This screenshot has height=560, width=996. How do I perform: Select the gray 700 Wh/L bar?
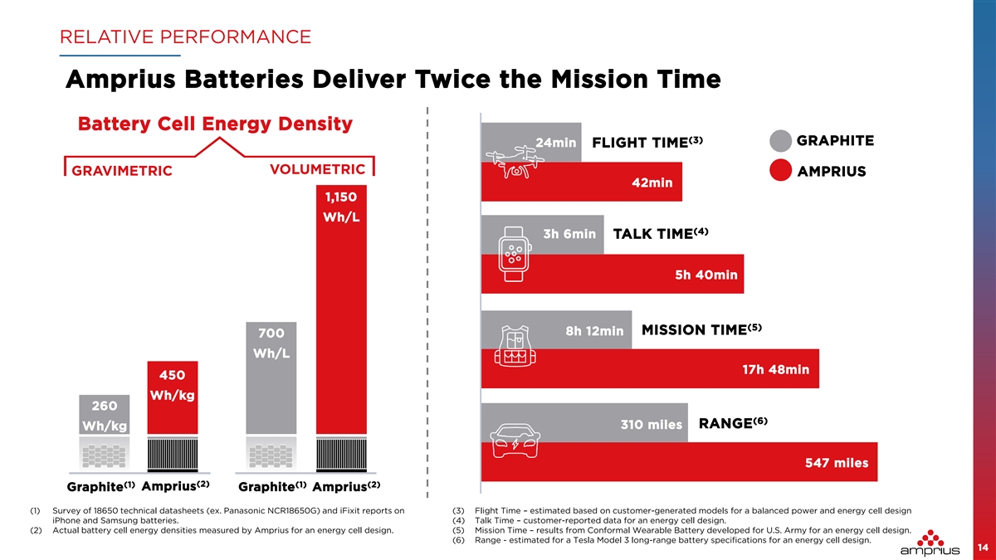271,382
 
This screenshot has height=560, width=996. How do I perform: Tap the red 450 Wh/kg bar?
173,398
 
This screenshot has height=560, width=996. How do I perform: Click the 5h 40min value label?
706,275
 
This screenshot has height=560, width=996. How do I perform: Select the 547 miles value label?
836,463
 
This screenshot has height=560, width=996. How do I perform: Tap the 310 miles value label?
652,425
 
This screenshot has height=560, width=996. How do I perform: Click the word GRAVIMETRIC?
121,172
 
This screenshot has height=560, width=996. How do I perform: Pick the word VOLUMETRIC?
317,169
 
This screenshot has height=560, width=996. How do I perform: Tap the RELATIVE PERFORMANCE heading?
185,37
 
